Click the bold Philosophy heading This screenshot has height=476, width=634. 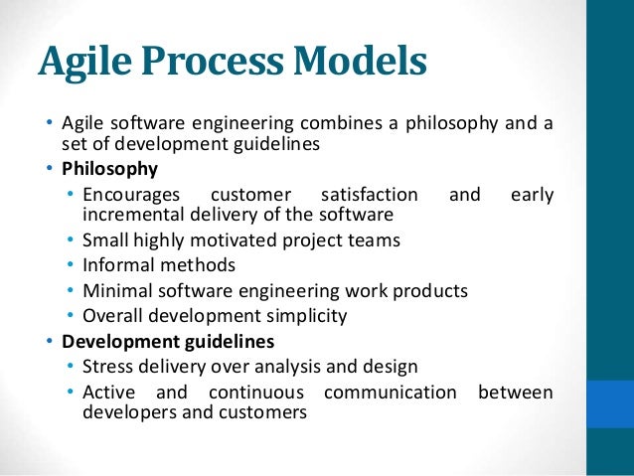coord(109,168)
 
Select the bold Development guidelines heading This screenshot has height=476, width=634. coord(168,342)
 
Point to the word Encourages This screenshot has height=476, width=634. coord(131,195)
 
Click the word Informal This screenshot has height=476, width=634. coord(118,265)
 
